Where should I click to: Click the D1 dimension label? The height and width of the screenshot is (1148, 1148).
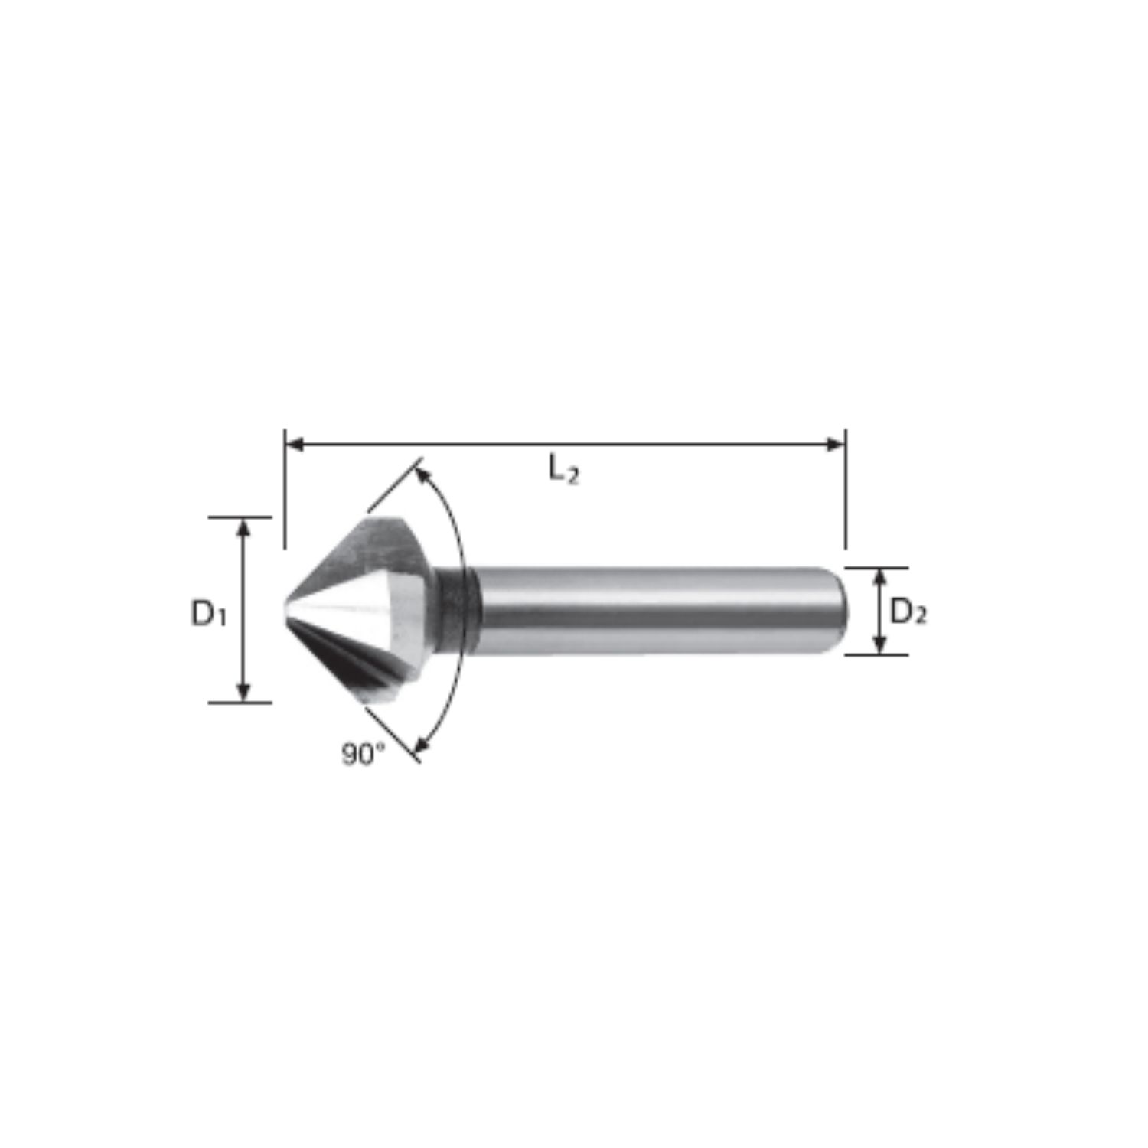[x=209, y=614]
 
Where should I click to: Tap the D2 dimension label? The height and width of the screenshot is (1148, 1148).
[x=908, y=612]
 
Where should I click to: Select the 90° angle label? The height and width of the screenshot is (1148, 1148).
[x=364, y=755]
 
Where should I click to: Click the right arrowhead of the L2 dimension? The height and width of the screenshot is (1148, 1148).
[x=835, y=444]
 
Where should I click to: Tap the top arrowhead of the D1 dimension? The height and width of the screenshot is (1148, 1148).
[x=243, y=528]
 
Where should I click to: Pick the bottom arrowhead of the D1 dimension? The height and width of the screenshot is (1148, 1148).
[x=243, y=691]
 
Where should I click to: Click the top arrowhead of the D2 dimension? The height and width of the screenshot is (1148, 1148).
[x=879, y=578]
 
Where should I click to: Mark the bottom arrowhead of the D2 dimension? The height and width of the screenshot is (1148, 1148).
[x=879, y=644]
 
